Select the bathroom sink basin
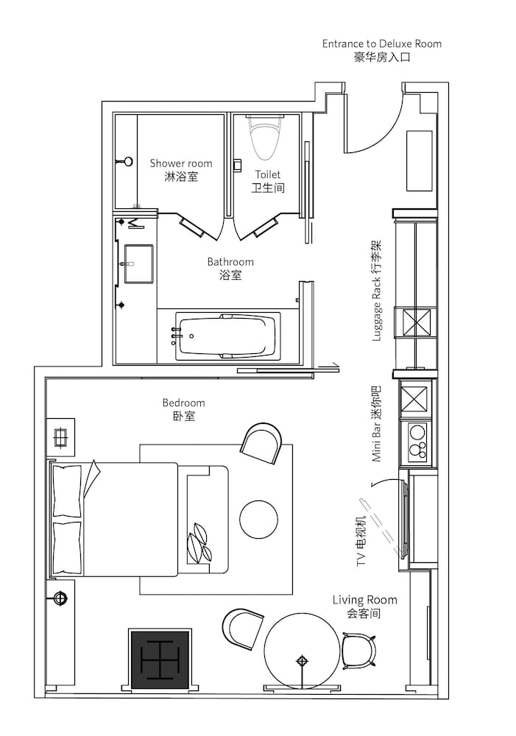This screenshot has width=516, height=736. click(x=138, y=263)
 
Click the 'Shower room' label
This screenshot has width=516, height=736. click(x=181, y=163)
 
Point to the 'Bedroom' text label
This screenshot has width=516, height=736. click(x=183, y=403)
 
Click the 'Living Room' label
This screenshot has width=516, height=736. click(x=365, y=600)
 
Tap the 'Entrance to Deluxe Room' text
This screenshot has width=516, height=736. click(x=382, y=43)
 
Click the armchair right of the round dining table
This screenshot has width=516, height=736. click(x=358, y=651)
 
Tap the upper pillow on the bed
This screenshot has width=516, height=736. click(x=67, y=491)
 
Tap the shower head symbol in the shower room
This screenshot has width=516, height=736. click(x=126, y=161)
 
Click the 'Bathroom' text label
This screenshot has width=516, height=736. click(x=230, y=261)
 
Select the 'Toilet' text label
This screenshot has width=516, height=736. click(x=268, y=174)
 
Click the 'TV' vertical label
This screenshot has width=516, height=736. click(x=361, y=559)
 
